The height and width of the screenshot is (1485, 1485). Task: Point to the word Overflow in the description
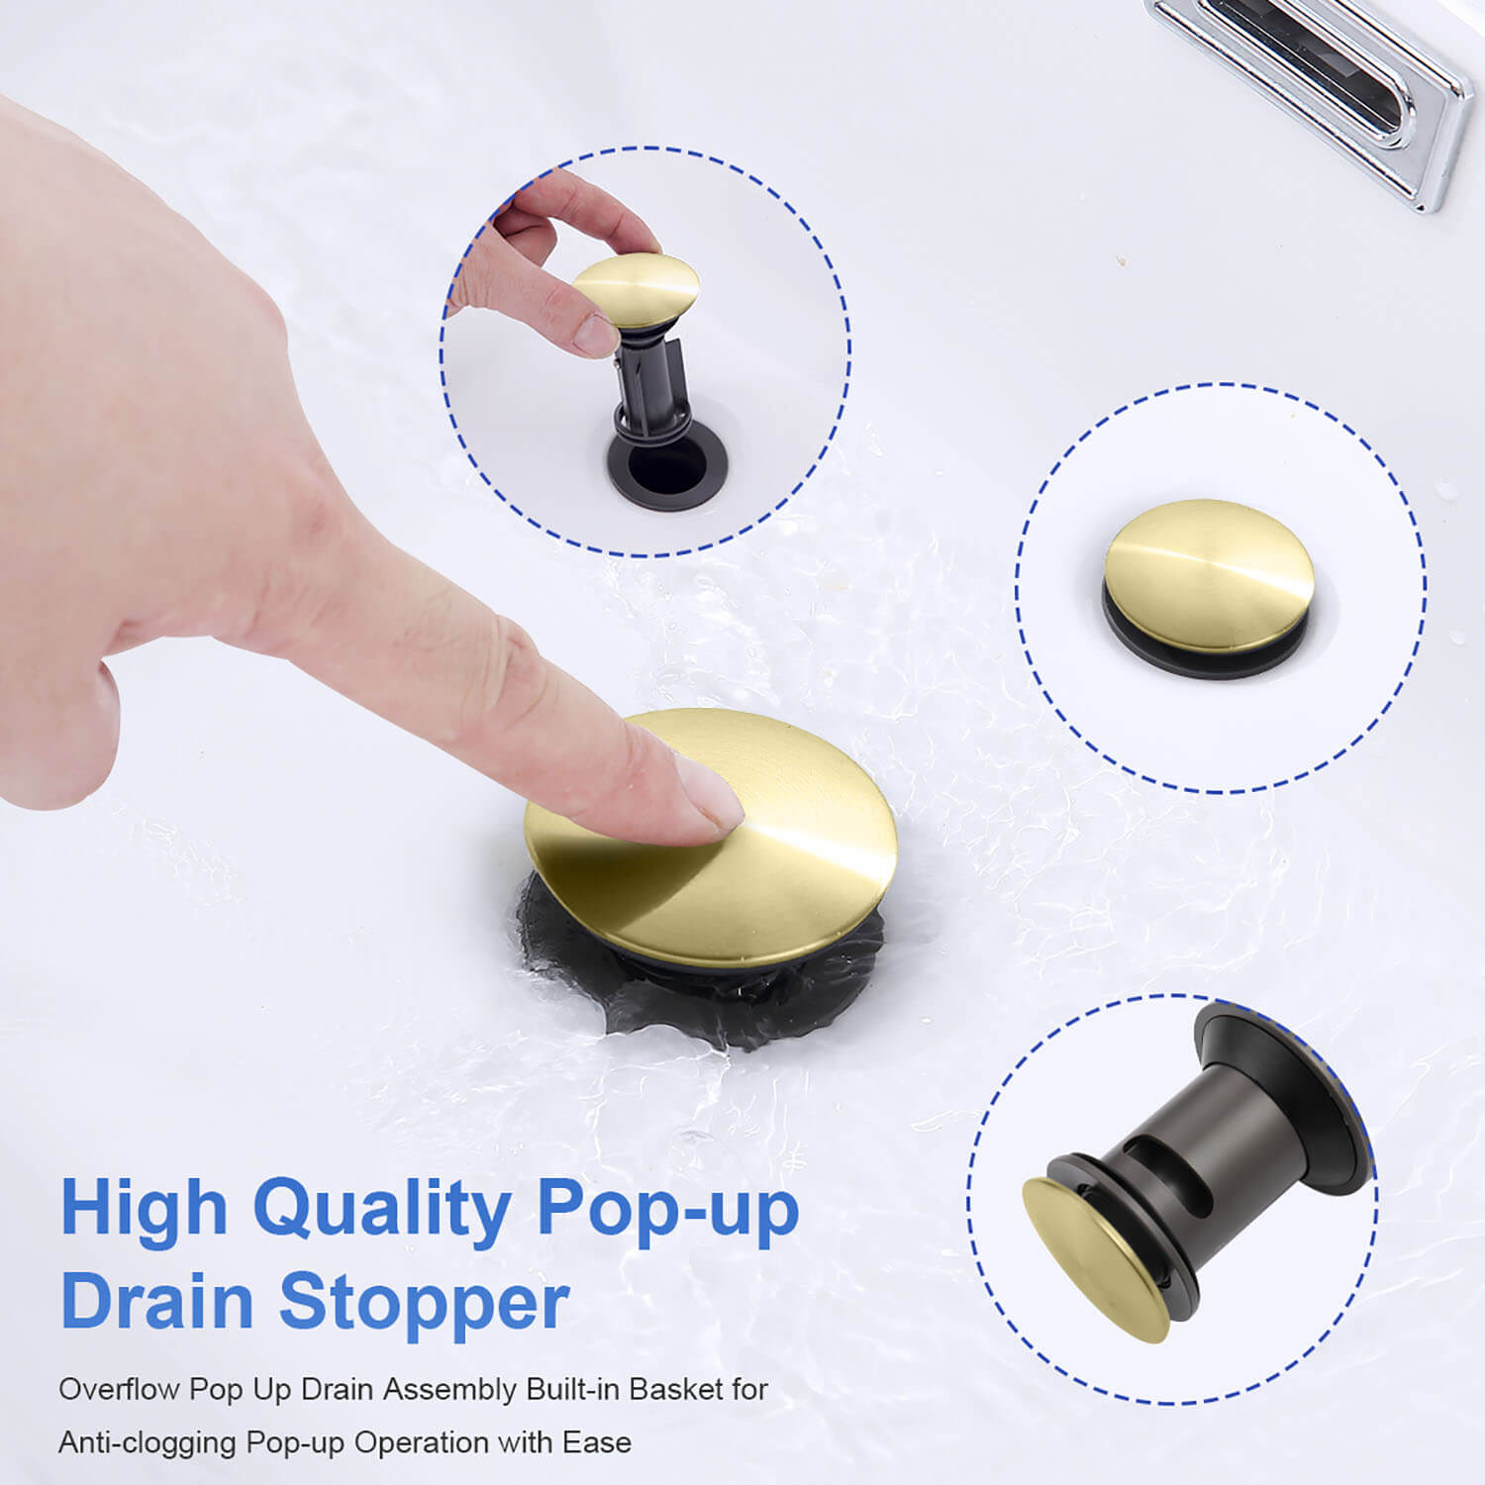pyautogui.click(x=118, y=1389)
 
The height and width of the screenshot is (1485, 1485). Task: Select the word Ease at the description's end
pyautogui.click(x=597, y=1442)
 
